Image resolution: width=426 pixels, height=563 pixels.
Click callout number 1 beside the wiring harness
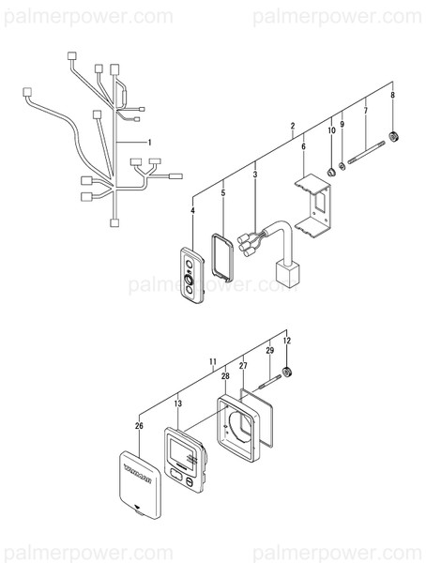click(147, 141)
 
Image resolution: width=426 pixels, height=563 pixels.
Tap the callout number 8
click(392, 95)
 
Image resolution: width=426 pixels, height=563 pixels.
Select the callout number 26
click(139, 426)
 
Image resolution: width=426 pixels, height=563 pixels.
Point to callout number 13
click(177, 403)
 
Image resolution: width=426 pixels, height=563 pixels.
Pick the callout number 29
click(270, 349)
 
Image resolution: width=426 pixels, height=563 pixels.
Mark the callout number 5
click(223, 192)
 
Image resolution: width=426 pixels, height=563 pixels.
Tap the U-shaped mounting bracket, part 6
click(313, 207)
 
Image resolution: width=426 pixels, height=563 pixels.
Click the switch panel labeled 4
click(192, 278)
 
